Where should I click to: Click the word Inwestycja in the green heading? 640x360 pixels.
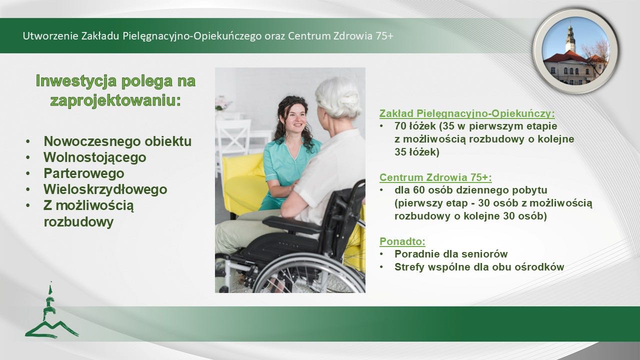click(76, 81)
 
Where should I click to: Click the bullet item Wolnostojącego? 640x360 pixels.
click(95, 157)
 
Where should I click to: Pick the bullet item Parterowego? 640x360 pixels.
click(83, 173)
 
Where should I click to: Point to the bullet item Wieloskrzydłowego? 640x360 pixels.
click(105, 189)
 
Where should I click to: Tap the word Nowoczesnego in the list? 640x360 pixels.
click(91, 141)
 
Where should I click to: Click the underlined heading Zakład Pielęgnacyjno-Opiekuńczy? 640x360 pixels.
click(466, 113)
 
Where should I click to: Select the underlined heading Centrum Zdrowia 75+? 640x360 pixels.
click(435, 177)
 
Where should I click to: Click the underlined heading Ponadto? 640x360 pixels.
click(402, 241)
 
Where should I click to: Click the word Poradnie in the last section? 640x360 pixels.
click(416, 254)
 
